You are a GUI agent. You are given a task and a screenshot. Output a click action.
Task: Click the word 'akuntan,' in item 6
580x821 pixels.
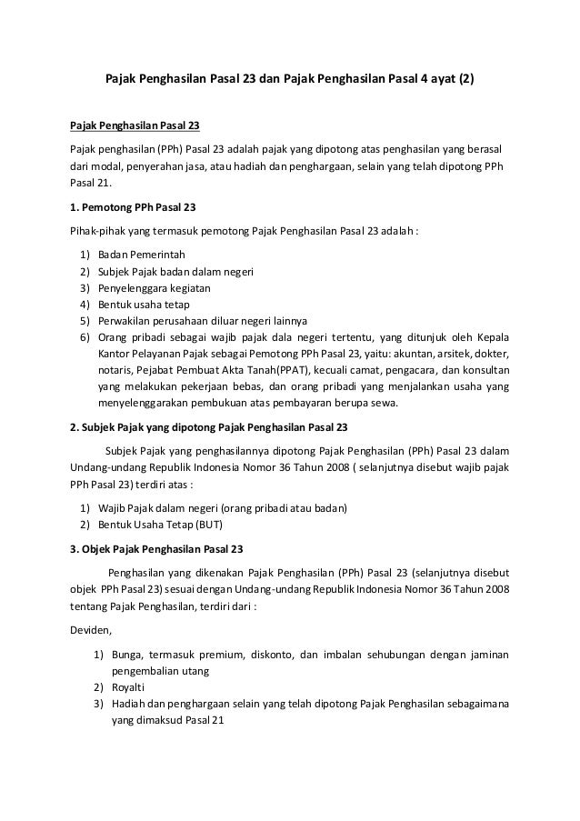(x=413, y=354)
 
